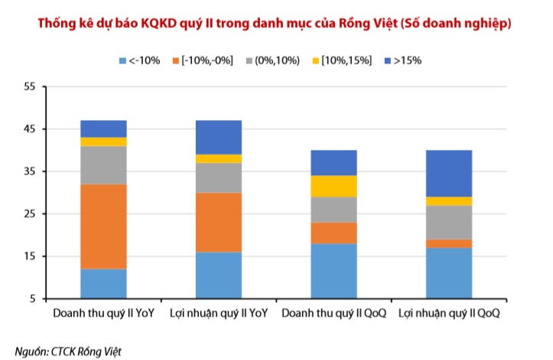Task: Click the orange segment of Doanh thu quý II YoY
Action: click(103, 226)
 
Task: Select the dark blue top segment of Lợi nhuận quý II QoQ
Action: click(448, 173)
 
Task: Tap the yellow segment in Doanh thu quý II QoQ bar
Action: click(333, 186)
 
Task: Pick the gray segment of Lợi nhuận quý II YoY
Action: click(219, 177)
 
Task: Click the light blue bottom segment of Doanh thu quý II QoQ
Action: click(333, 271)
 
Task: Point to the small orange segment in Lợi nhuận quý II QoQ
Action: click(448, 243)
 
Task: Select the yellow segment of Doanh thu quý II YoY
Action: click(103, 141)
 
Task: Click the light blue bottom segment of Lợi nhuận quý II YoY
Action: click(219, 274)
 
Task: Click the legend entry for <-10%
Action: click(139, 60)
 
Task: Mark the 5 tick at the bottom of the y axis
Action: click(33, 299)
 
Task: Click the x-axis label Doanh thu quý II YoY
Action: click(103, 314)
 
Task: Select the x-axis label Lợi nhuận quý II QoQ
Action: click(449, 314)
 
